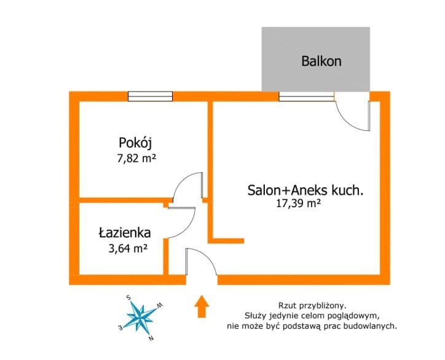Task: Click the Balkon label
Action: tap(321, 61)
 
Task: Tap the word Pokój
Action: tap(135, 143)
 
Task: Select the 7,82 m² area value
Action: tap(137, 158)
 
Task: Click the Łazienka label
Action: tap(125, 233)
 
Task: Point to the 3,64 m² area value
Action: tap(128, 249)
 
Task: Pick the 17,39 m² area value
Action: tap(299, 203)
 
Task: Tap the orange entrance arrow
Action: tap(202, 306)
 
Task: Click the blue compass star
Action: tap(141, 318)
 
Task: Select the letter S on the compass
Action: tap(128, 297)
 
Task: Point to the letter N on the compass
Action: tap(151, 338)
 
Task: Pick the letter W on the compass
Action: tap(160, 305)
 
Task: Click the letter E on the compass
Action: tap(120, 327)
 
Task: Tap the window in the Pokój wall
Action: tap(150, 96)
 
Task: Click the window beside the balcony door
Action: tap(306, 96)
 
